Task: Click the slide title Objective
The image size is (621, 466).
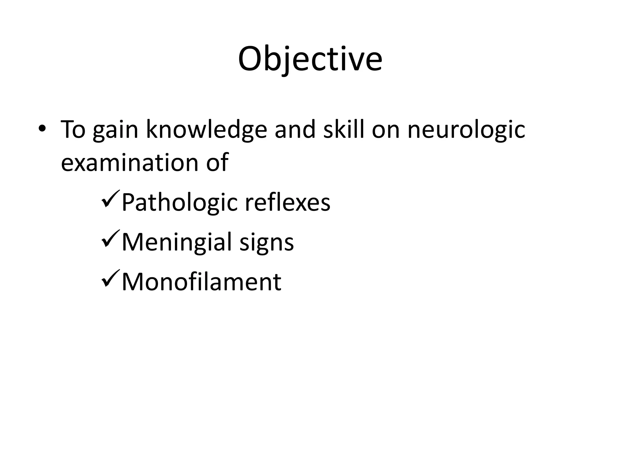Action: (310, 59)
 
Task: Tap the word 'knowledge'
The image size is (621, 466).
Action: (206, 130)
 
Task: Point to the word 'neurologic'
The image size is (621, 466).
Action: (466, 130)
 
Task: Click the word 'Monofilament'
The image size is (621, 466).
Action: (201, 282)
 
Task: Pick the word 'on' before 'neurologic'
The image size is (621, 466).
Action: (386, 130)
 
